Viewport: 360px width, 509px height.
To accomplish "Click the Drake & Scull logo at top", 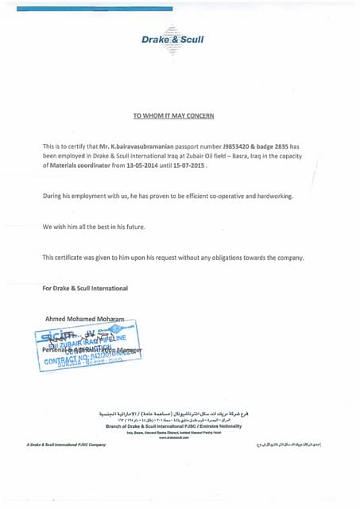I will pos(172,38).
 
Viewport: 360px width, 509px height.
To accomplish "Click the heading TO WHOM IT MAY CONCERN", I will pos(172,116).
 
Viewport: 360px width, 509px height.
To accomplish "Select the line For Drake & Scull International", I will pos(85,288).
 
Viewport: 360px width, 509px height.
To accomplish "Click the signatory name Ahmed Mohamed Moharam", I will pos(85,318).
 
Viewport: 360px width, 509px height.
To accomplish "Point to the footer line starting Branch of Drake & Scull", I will pos(173,426).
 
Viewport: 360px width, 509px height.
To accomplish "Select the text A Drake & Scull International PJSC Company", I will pos(66,445).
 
